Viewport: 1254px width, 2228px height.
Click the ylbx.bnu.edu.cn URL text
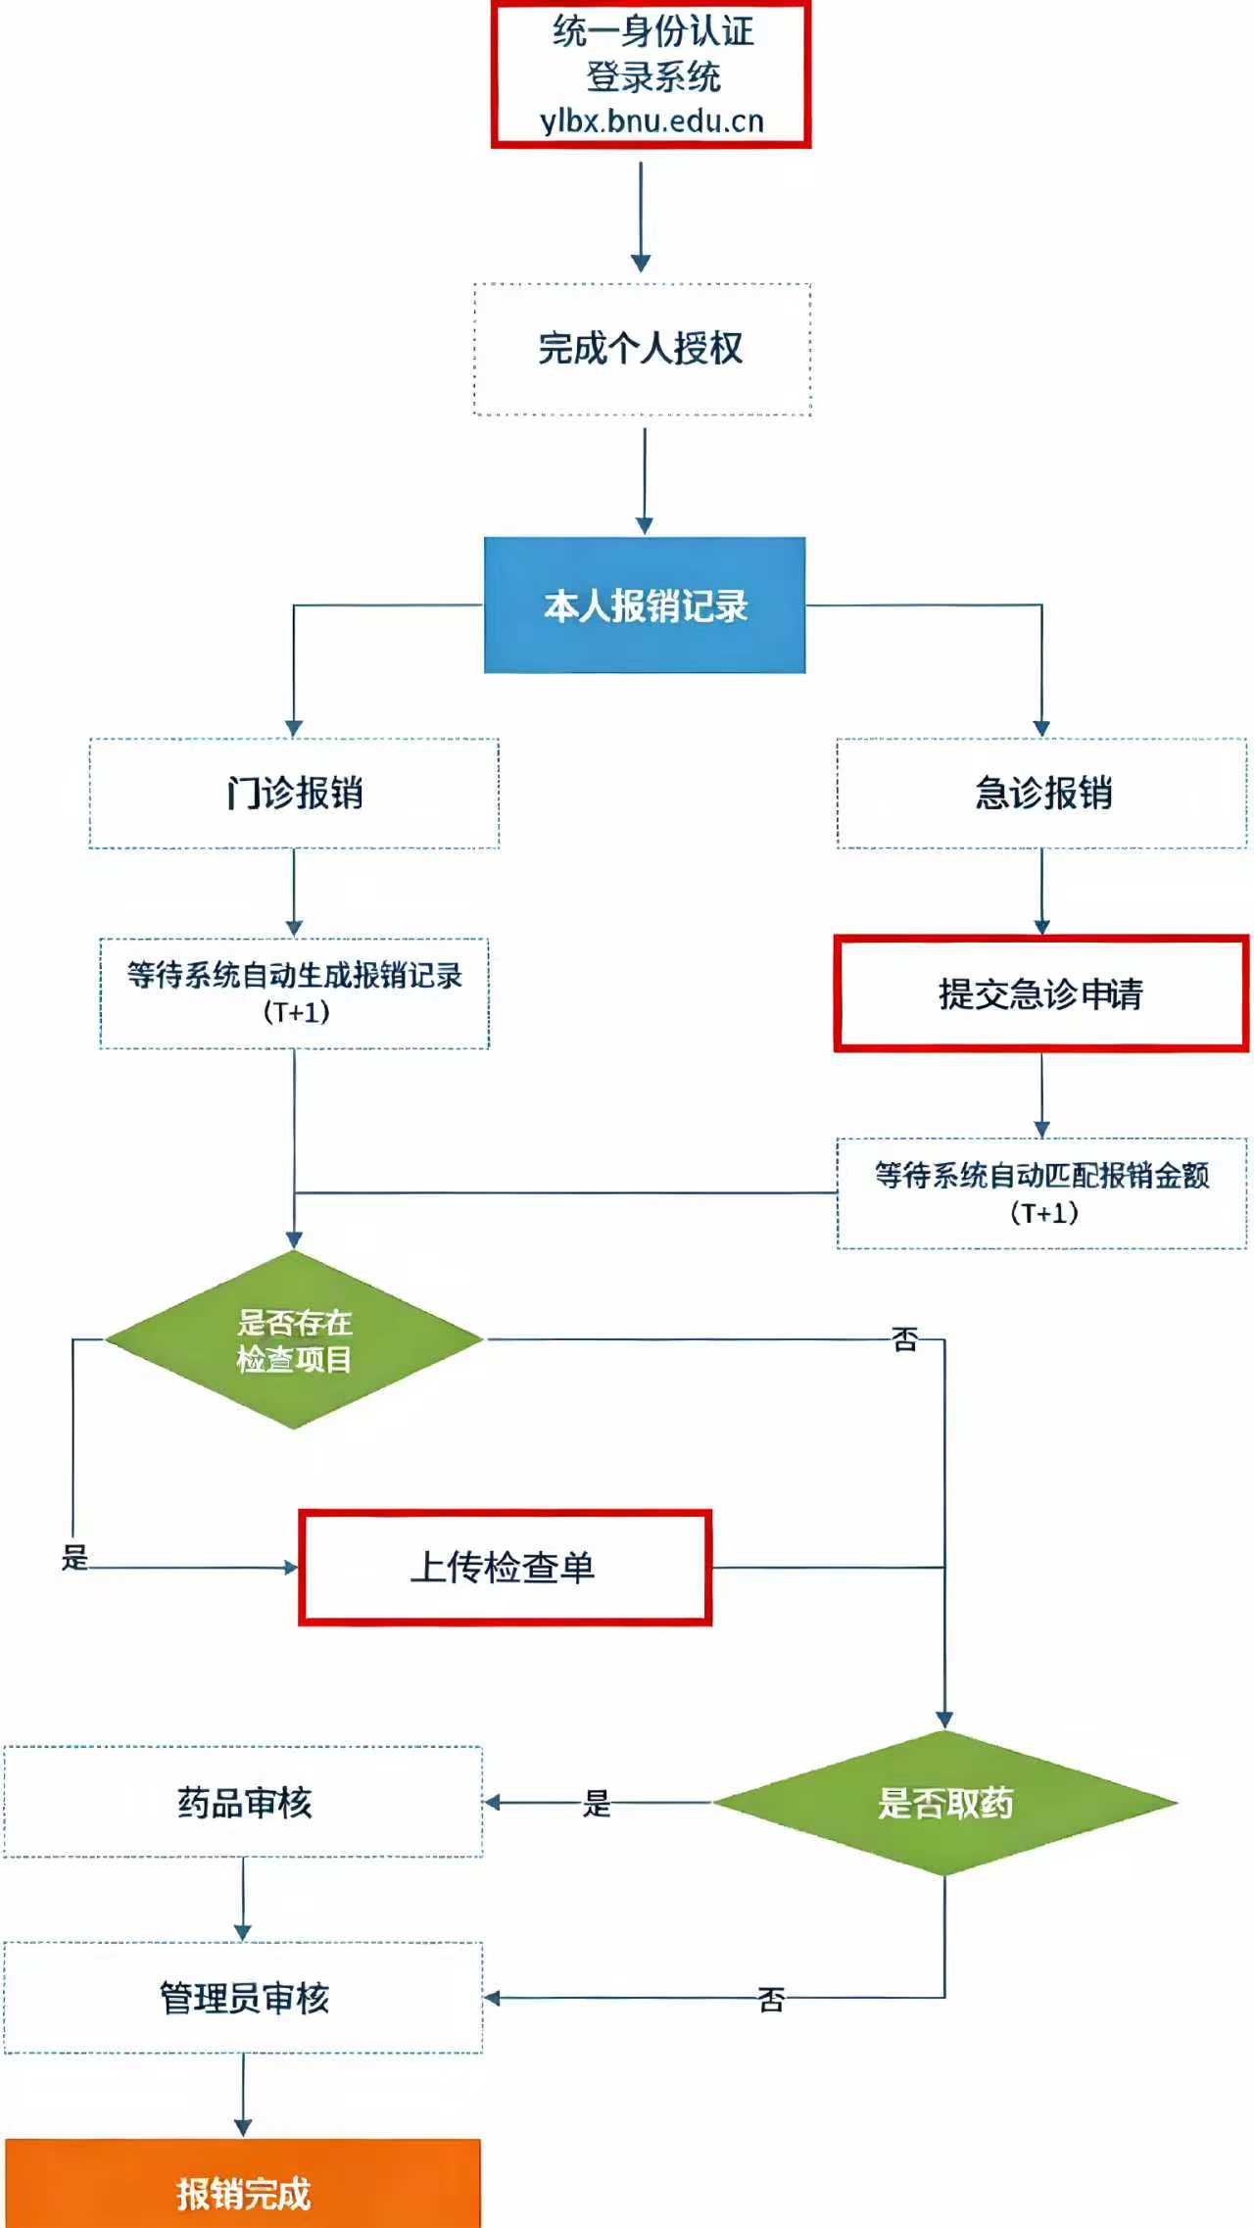pos(651,121)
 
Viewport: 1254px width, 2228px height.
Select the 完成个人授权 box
pos(642,349)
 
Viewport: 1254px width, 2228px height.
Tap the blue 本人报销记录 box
pos(645,605)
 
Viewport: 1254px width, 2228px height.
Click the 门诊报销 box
pos(294,793)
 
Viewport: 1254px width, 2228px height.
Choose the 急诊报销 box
pos(1041,793)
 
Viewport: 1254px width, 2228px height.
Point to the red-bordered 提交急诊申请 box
pos(1040,993)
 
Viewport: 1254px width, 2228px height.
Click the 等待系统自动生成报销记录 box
pos(294,993)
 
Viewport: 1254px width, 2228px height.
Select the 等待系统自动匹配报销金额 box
pos(1041,1192)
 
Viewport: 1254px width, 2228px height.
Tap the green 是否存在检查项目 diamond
pos(294,1339)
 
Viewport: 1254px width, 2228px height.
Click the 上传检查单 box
pos(505,1568)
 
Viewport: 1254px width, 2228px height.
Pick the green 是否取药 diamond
pos(944,1803)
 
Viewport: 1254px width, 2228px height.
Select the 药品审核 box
pos(243,1802)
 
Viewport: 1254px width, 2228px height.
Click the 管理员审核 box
pos(243,1998)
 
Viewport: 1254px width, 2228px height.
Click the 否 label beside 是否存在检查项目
pos(905,1339)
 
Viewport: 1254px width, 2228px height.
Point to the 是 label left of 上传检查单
pos(74,1557)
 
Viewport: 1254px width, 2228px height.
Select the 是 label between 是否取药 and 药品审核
pos(597,1803)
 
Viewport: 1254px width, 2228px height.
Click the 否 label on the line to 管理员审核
pos(771,2000)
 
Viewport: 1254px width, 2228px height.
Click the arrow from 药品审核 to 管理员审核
pos(243,1899)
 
